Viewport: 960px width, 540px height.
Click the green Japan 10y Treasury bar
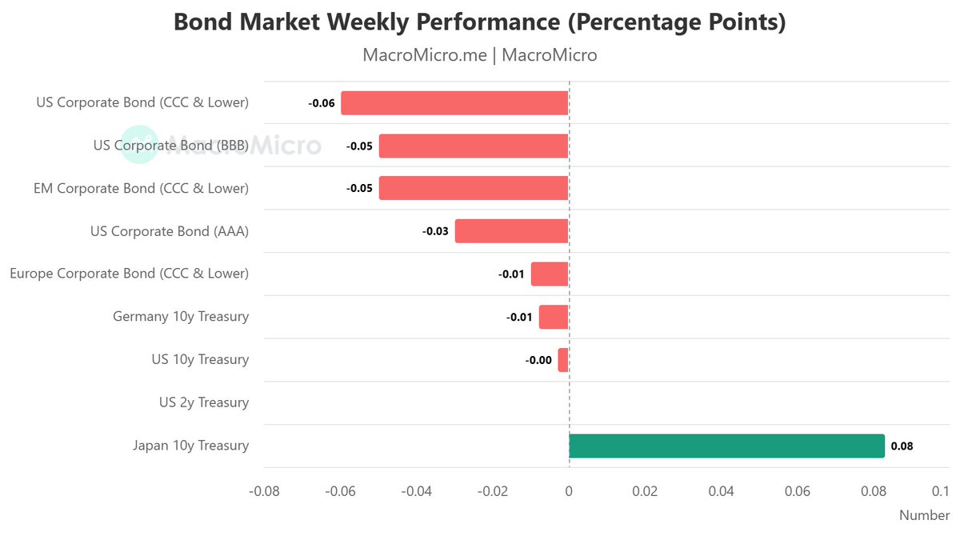click(x=726, y=446)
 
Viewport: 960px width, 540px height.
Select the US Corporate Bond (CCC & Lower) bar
click(x=454, y=103)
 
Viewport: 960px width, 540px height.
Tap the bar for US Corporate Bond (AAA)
click(x=511, y=231)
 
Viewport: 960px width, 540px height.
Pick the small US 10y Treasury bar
click(x=563, y=360)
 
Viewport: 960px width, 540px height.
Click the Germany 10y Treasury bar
click(x=554, y=317)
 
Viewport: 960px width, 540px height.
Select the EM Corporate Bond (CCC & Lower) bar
click(x=473, y=189)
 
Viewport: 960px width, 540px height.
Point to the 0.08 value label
click(x=902, y=446)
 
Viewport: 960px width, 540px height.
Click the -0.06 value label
click(x=322, y=104)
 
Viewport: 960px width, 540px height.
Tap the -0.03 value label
click(x=435, y=232)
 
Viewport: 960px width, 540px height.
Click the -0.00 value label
click(x=538, y=361)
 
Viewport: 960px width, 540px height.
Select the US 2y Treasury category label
click(x=203, y=402)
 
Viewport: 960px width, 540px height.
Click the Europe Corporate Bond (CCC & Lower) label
click(x=129, y=274)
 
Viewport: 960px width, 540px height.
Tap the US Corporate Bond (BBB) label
click(x=170, y=146)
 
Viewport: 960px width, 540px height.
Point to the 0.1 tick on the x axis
click(x=941, y=490)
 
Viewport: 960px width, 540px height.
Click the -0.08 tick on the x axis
click(x=265, y=490)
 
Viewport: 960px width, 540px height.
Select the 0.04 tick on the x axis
click(x=721, y=490)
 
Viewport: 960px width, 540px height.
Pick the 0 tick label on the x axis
click(x=569, y=490)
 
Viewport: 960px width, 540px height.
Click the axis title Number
click(x=924, y=515)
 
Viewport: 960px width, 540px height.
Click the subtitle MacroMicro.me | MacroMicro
click(x=480, y=55)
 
